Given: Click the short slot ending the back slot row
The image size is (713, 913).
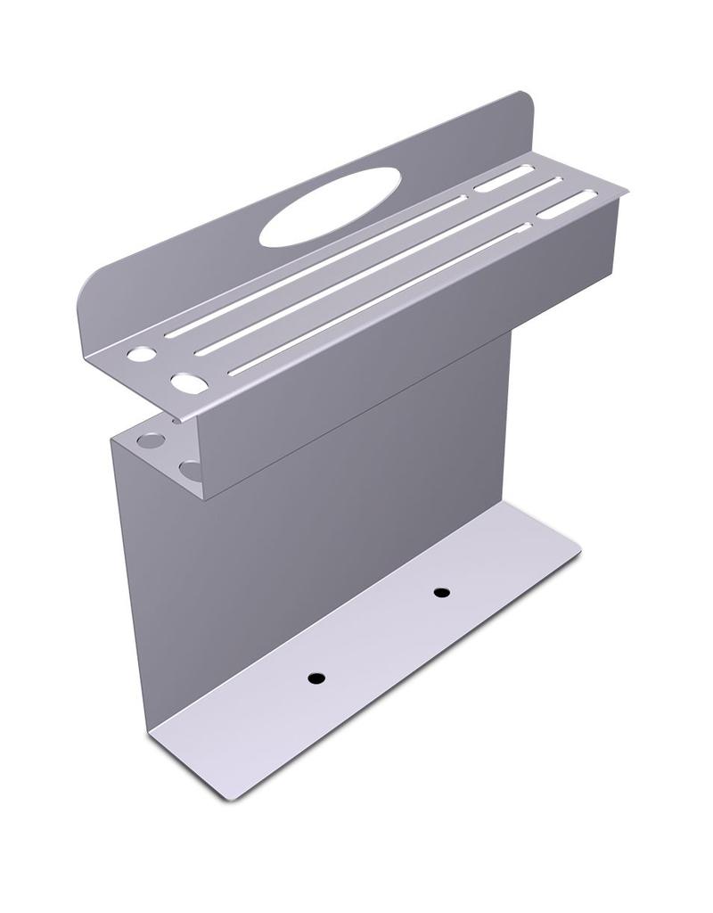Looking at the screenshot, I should [504, 178].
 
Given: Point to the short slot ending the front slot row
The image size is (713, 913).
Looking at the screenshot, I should [567, 204].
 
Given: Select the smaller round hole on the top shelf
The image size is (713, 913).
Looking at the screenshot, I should [141, 354].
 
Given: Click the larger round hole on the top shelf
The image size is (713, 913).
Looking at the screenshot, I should [189, 383].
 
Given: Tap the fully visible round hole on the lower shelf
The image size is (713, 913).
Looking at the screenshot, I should [151, 440].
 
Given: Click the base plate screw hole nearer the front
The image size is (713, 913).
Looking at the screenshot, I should [316, 678].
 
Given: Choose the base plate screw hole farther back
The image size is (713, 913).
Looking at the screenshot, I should [440, 592].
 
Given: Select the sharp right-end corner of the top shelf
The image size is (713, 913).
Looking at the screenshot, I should [625, 189].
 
